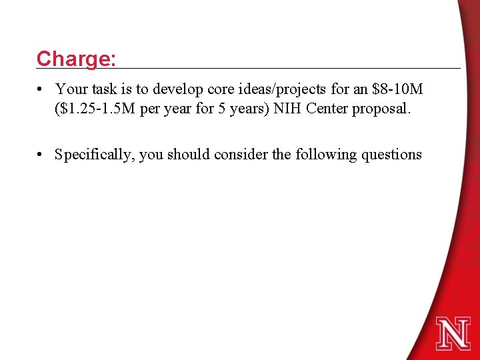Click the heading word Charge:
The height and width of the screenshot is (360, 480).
pos(77,59)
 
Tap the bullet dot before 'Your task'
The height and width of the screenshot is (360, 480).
pos(41,89)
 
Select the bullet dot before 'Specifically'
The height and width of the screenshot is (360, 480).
pos(41,155)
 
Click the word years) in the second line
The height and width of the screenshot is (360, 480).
pos(243,109)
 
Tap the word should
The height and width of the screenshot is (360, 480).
pos(187,155)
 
